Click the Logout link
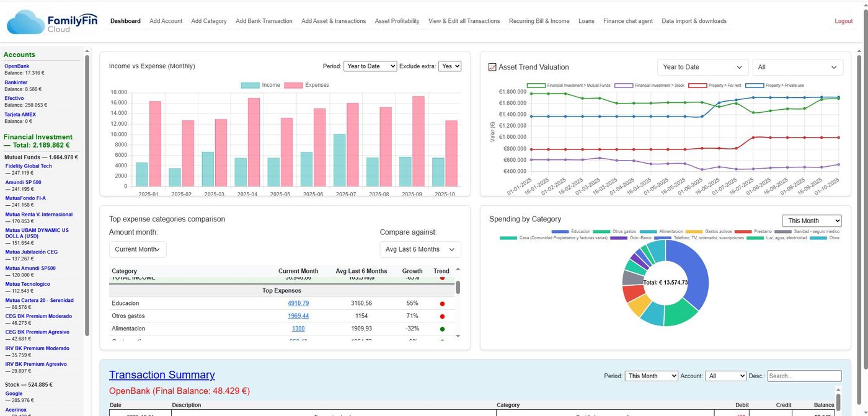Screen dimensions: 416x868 pos(843,21)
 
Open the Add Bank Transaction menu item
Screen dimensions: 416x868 pos(263,21)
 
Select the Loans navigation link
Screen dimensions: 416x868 pos(586,21)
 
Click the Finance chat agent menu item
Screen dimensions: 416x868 pos(627,21)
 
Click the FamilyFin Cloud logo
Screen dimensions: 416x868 pos(47,22)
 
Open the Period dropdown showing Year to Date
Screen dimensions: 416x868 pos(370,66)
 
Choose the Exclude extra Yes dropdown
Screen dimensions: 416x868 pos(449,66)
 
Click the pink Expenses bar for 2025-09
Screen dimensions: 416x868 pos(418,141)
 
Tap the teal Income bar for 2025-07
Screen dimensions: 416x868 pos(339,160)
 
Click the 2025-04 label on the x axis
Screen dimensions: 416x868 pos(246,194)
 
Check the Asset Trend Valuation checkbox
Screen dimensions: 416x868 pos(492,67)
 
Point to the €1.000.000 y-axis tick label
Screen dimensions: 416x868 pos(511,137)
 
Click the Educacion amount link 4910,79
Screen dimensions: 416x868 pos(298,303)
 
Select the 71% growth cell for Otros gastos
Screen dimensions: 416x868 pos(412,316)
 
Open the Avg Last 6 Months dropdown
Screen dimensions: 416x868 pos(420,249)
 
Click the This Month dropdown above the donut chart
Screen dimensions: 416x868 pos(811,221)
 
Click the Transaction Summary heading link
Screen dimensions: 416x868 pos(162,374)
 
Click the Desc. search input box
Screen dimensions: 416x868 pos(804,376)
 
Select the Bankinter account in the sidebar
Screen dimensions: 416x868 pos(15,82)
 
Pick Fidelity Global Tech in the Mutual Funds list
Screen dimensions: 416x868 pos(29,166)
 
